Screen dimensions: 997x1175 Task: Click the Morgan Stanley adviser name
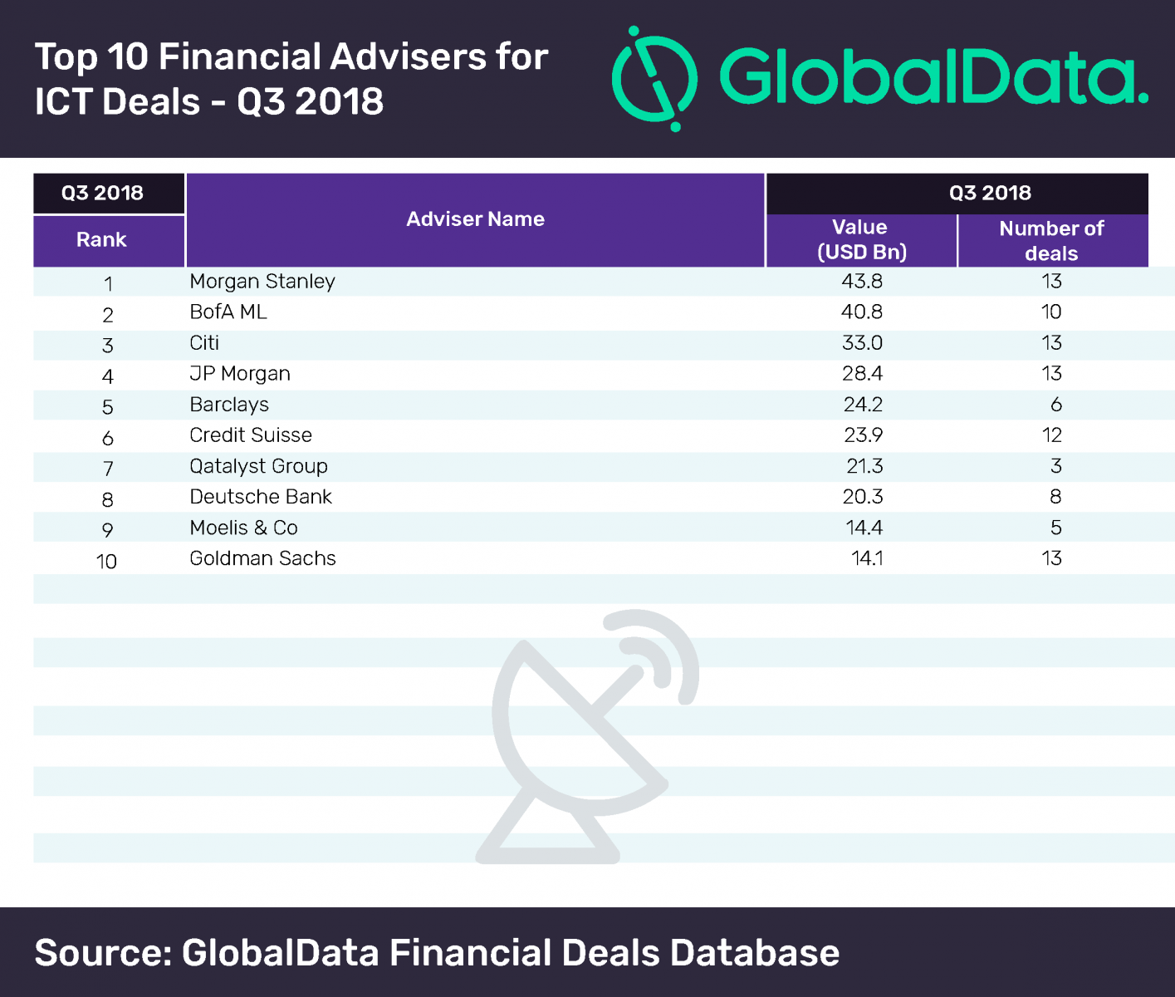[x=262, y=282]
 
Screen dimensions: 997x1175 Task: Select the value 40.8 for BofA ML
[x=862, y=312]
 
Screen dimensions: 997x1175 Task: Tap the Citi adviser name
[x=204, y=343]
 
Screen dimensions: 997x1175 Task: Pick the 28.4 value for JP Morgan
[x=862, y=374]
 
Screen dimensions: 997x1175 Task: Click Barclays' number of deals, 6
[x=1055, y=405]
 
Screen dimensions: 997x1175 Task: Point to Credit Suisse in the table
[x=251, y=435]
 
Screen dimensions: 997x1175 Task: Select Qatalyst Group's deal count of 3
[x=1055, y=466]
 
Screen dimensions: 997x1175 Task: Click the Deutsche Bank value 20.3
[x=862, y=497]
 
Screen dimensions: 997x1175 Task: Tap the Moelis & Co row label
[x=243, y=528]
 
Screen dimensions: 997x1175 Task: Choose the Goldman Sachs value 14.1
[x=867, y=558]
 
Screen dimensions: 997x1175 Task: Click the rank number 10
[x=106, y=562]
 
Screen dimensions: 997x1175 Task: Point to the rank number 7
[x=108, y=469]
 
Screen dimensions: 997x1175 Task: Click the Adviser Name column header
[x=475, y=219]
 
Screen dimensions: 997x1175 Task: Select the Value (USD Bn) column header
[x=861, y=240]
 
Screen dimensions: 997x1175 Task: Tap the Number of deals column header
[x=1051, y=241]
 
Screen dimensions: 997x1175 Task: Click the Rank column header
[x=101, y=240]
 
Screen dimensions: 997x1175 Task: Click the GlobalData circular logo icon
[x=655, y=79]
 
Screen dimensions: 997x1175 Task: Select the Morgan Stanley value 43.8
[x=862, y=282]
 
